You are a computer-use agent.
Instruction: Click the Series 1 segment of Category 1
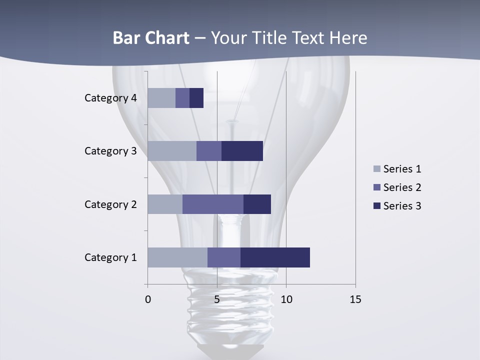tap(177, 257)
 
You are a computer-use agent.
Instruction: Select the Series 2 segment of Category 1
tap(224, 257)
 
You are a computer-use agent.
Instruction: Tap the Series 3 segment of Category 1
tap(275, 257)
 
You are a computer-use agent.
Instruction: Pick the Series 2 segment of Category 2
tap(213, 204)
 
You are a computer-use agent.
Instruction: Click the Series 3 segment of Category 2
tap(257, 204)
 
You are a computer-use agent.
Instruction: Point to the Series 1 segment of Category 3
tap(172, 151)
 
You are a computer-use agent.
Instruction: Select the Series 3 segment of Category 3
tap(242, 151)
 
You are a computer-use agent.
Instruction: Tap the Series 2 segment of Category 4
tap(182, 98)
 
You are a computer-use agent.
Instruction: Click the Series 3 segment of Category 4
tap(196, 98)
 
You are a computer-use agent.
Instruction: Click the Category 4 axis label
tap(110, 98)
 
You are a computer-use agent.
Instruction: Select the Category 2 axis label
tap(110, 204)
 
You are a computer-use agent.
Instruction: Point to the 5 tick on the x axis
tap(217, 299)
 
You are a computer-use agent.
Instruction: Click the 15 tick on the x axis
tap(355, 299)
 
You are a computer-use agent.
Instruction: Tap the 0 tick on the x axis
tap(148, 299)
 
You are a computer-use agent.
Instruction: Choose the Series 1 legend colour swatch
tap(377, 169)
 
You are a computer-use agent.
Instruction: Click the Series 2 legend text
tap(402, 187)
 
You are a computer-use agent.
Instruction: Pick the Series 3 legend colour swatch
tap(377, 206)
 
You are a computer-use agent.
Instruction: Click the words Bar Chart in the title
tap(151, 38)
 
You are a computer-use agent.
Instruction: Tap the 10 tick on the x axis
tap(286, 299)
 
